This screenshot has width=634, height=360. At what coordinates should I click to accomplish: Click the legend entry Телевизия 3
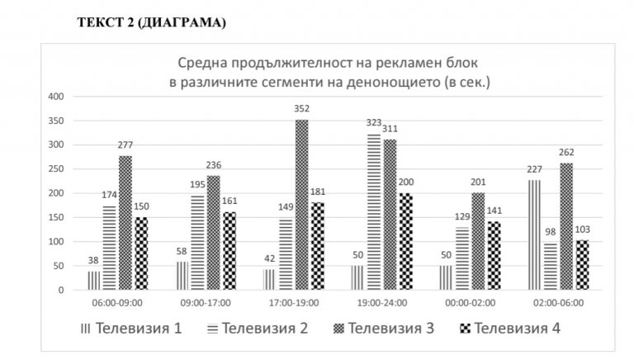coord(381,328)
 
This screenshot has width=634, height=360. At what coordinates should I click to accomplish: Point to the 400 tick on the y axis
coord(57,97)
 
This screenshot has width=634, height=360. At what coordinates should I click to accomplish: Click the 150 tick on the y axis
coord(57,218)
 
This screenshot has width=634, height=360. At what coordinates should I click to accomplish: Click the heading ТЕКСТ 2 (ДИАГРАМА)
coord(152,24)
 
